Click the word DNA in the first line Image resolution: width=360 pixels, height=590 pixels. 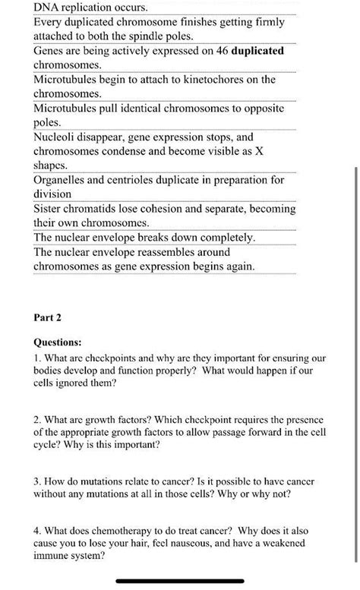(48, 7)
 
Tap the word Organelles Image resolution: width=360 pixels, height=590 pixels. (63, 180)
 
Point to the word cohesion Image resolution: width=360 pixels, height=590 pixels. (153, 209)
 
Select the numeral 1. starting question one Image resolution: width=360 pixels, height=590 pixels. (37, 357)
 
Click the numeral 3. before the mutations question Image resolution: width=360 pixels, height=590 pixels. (37, 481)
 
